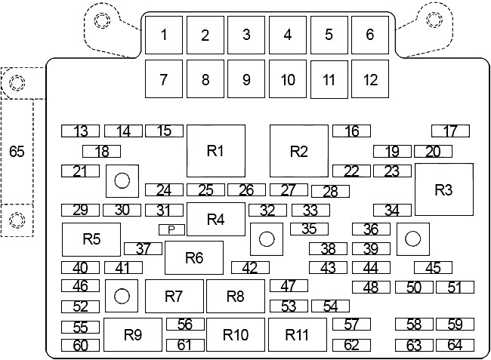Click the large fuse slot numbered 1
click(164, 35)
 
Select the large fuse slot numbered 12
click(370, 78)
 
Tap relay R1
click(216, 151)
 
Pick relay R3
click(444, 189)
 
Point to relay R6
click(194, 257)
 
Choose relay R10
click(236, 334)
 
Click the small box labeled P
click(171, 230)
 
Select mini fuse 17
click(451, 131)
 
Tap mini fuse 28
click(330, 192)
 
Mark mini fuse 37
click(143, 248)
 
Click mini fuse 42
click(250, 268)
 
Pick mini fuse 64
click(455, 346)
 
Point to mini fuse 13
click(80, 131)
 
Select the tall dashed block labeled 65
click(17, 152)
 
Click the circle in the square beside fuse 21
click(122, 181)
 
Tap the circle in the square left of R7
click(122, 296)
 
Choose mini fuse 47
click(289, 285)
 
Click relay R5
click(91, 239)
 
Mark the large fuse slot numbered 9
click(246, 78)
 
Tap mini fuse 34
click(392, 210)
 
